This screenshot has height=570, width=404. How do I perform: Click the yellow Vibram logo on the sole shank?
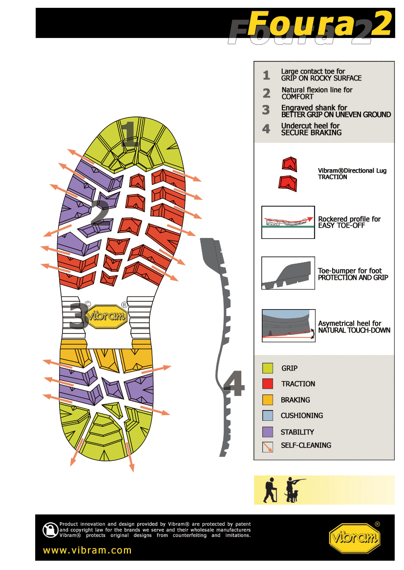coord(106,316)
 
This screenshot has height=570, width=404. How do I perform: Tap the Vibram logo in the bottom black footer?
coord(355,538)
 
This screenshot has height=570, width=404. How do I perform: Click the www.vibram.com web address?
coord(87,550)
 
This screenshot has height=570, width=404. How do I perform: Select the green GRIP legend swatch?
coord(268,368)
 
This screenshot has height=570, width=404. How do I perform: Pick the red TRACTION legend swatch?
coord(268,384)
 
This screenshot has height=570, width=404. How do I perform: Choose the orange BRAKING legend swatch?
coord(268,399)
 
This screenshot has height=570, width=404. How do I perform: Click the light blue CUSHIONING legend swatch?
coord(268,415)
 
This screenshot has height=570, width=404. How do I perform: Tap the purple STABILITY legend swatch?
coord(268,432)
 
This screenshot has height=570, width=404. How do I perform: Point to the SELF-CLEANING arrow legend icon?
coord(268,447)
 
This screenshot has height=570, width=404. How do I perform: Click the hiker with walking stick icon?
coord(270,490)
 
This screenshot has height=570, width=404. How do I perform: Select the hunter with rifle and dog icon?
coord(294,490)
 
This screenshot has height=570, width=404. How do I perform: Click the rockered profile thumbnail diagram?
coord(288,222)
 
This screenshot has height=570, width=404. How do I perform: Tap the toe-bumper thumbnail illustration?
coord(288,273)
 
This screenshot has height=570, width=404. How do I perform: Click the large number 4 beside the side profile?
coord(234,383)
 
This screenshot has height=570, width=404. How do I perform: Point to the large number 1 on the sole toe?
coord(129,134)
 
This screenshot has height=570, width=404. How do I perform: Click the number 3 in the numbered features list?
coord(266,110)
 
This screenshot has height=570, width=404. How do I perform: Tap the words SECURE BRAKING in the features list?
coord(312,133)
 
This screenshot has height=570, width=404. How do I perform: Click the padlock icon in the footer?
coord(50,530)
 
